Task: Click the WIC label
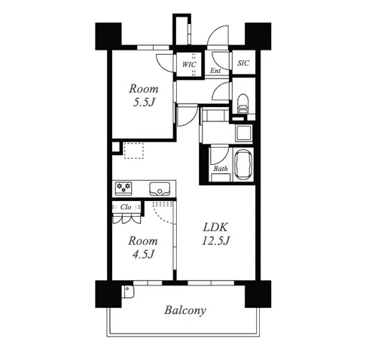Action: [x=189, y=65]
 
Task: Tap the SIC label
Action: [x=243, y=63]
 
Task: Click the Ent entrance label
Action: [x=215, y=71]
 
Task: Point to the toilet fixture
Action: [x=242, y=104]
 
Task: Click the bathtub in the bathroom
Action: [x=242, y=165]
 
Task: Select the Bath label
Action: [x=221, y=169]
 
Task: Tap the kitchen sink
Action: [x=160, y=188]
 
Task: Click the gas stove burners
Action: [x=123, y=188]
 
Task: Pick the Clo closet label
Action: [x=126, y=207]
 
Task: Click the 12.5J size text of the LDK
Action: [x=215, y=241]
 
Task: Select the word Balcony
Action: [x=185, y=310]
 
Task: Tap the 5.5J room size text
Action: [x=143, y=102]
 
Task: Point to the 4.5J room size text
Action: [x=143, y=255]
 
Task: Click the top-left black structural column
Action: [x=108, y=36]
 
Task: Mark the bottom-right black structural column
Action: [x=258, y=294]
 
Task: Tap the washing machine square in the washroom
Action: [x=243, y=133]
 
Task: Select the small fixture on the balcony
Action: [x=128, y=291]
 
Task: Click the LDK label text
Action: [x=215, y=227]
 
